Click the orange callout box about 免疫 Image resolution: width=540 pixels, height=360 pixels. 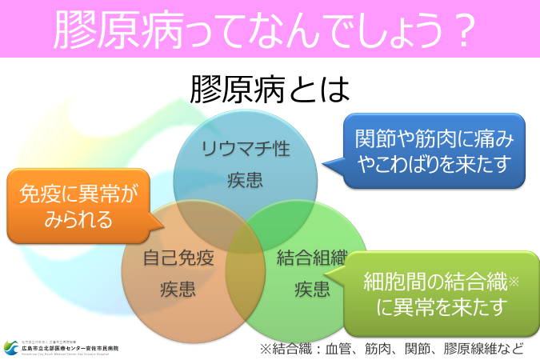[x=78, y=205]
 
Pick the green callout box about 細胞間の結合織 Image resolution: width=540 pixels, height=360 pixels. [x=437, y=293]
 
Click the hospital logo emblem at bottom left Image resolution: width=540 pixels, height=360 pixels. [x=11, y=347]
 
